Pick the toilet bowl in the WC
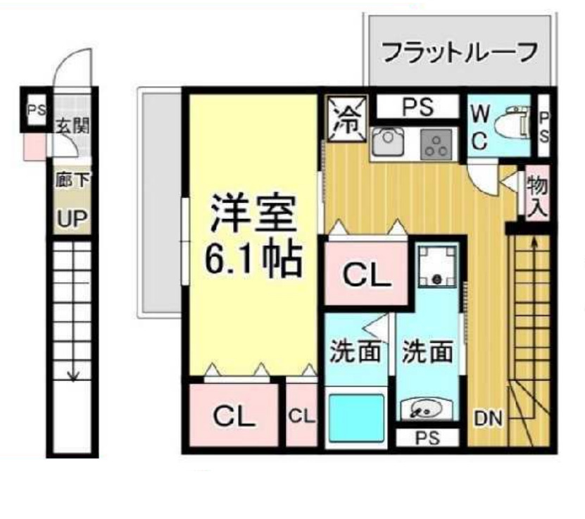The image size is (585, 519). click(512, 125)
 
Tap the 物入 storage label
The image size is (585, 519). click(537, 196)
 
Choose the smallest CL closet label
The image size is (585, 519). click(301, 415)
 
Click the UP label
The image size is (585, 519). click(73, 220)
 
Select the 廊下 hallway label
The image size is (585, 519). click(73, 180)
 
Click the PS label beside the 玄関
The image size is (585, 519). click(34, 111)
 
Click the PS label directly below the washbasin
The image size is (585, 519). click(427, 438)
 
